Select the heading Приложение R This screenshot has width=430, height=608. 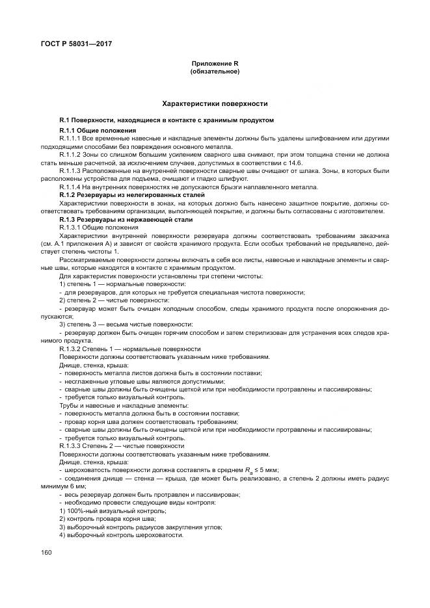pyautogui.click(x=214, y=63)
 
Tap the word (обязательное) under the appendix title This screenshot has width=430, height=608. pyautogui.click(x=214, y=71)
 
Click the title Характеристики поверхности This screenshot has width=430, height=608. pyautogui.click(x=214, y=103)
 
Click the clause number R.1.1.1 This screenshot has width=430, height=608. pyautogui.click(x=70, y=139)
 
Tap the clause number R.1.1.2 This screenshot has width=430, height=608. pyautogui.click(x=70, y=155)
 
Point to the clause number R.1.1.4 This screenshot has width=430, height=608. pyautogui.click(x=70, y=187)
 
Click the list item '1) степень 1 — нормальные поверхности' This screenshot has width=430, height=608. pyautogui.click(x=122, y=284)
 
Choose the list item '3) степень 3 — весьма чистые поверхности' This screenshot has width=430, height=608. pyautogui.click(x=126, y=324)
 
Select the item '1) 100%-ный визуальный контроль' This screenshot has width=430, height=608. pyautogui.click(x=109, y=510)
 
